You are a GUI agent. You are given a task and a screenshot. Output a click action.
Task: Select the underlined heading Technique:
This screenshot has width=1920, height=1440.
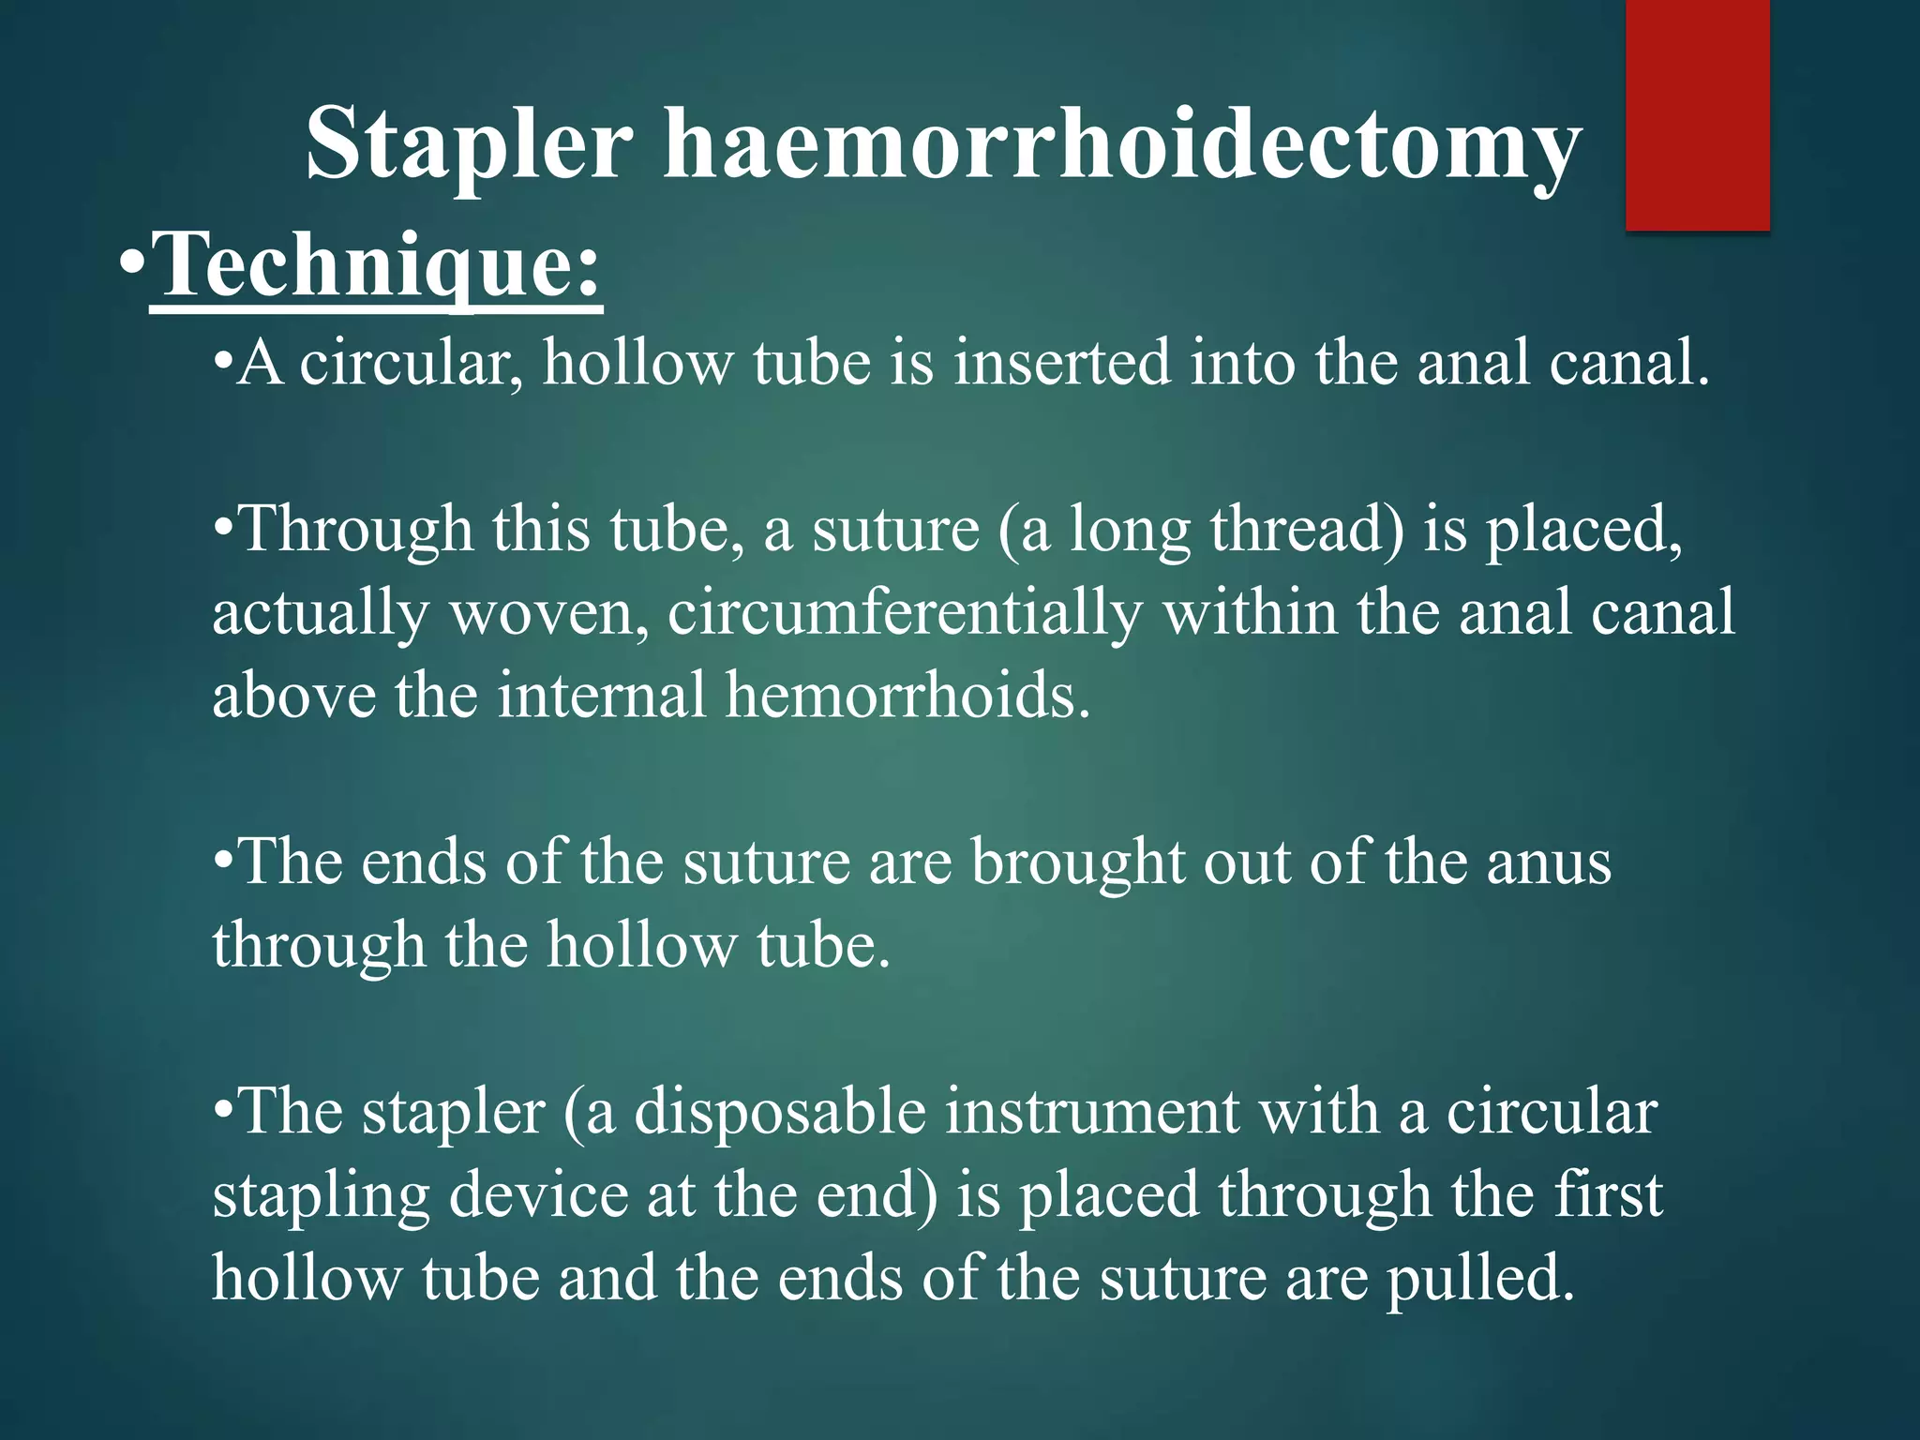(375, 265)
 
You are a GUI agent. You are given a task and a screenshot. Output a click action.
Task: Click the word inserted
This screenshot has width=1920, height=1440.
(1062, 363)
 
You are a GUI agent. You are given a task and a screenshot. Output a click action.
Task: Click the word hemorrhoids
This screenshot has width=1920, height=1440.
(908, 697)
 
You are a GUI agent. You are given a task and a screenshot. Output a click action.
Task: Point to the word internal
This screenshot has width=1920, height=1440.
(602, 697)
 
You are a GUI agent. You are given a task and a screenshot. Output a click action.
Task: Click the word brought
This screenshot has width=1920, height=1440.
(1077, 862)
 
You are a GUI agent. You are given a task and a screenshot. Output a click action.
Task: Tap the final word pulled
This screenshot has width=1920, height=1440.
(1480, 1280)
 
